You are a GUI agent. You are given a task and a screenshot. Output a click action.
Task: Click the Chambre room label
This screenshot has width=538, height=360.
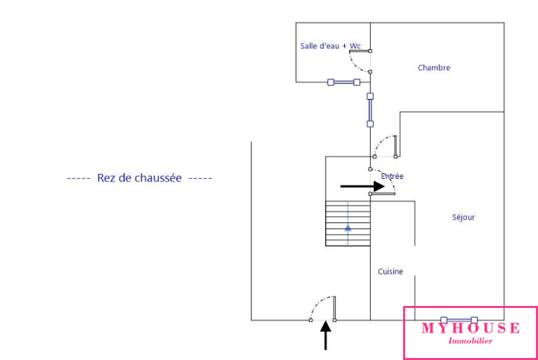tap(433, 68)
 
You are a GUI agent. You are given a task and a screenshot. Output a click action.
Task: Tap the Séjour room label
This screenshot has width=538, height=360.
tap(464, 218)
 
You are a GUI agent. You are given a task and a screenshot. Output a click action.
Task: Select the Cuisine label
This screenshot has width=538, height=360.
tap(391, 272)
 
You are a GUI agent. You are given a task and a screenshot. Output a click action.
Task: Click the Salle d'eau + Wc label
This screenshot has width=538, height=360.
tap(330, 46)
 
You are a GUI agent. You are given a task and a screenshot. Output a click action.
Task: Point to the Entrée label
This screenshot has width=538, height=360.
tap(393, 177)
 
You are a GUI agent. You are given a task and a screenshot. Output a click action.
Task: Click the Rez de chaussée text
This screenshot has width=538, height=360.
tap(139, 178)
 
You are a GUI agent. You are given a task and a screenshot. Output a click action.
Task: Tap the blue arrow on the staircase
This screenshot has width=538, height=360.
tap(348, 227)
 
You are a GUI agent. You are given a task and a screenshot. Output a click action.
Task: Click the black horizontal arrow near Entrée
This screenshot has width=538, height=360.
tap(362, 187)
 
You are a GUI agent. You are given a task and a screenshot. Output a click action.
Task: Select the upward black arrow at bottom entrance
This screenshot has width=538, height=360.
tap(325, 335)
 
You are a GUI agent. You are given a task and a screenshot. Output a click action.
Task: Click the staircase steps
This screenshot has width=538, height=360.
tap(348, 224)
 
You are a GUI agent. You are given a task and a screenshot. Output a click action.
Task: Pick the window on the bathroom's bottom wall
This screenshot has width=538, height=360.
tap(343, 82)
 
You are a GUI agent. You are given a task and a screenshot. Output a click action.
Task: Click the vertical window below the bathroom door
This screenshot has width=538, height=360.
tap(370, 109)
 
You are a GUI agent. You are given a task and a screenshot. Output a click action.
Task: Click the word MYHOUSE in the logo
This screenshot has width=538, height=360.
tap(471, 328)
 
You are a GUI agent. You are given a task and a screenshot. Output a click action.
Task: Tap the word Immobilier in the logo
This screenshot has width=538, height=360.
tap(471, 341)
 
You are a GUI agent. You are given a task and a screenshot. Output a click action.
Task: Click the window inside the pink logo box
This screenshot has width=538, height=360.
tap(459, 320)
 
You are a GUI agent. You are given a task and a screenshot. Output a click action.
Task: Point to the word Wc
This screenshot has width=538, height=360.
tap(355, 46)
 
